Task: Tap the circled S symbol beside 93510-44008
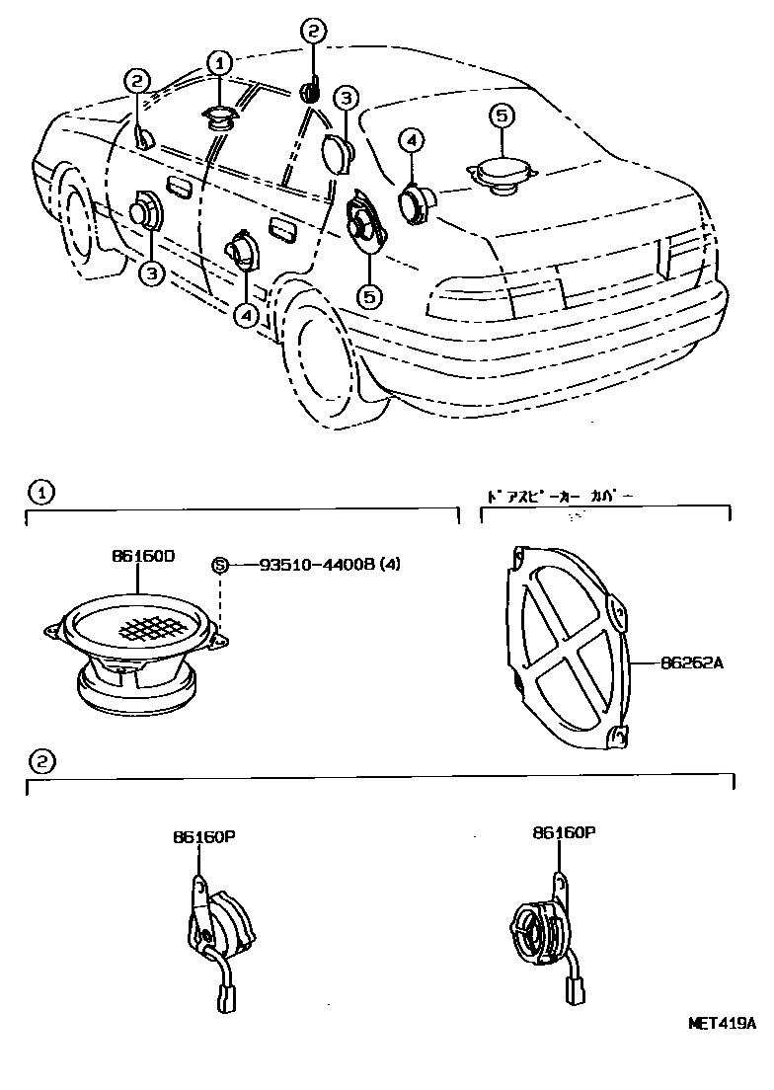tap(220, 565)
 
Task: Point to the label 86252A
tap(693, 663)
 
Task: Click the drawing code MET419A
tap(721, 1024)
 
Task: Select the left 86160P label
tap(202, 837)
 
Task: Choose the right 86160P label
tap(564, 833)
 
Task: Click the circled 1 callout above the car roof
tap(217, 64)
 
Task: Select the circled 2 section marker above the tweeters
tap(40, 761)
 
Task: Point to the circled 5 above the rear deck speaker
tap(502, 117)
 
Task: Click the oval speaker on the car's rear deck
tap(503, 174)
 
